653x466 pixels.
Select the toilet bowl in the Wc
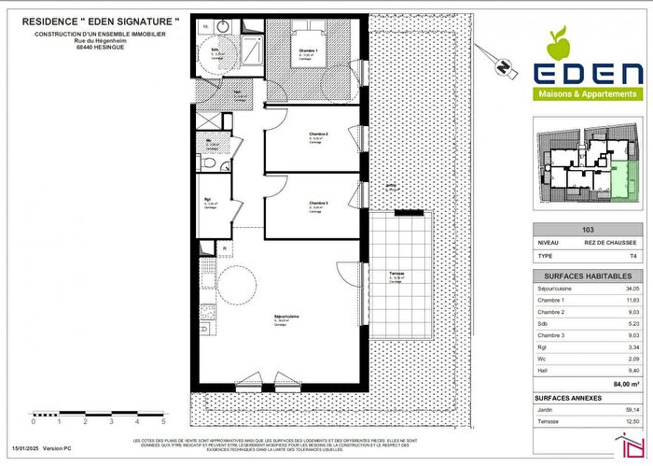click(x=211, y=163)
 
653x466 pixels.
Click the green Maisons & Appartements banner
click(x=586, y=93)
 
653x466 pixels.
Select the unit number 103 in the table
click(x=588, y=229)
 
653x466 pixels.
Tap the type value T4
click(x=632, y=254)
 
